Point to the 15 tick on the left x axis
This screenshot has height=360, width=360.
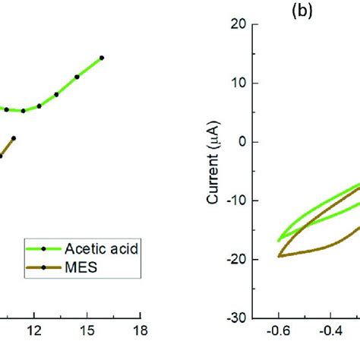[x=87, y=333]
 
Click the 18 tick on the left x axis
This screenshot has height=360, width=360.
[x=139, y=333]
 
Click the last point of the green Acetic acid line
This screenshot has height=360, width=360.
[x=102, y=58]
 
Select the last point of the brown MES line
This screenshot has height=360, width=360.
[x=14, y=138]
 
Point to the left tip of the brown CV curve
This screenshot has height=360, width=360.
[x=278, y=256]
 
